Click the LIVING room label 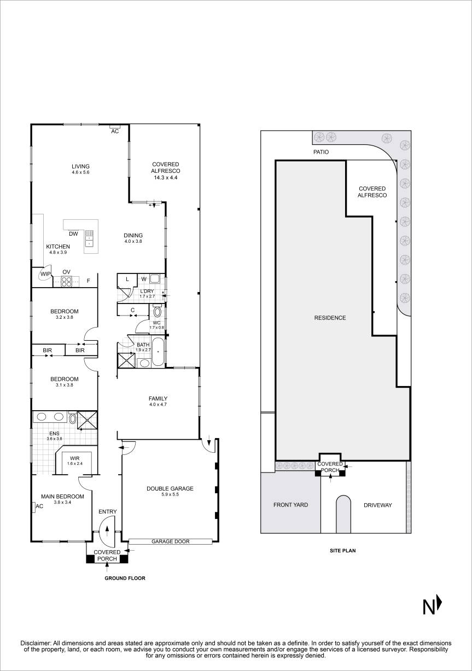(x=80, y=167)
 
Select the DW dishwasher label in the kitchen (x=73, y=234)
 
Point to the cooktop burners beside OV (x=67, y=282)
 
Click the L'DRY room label (x=147, y=291)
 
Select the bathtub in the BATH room (x=158, y=351)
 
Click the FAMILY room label (x=158, y=399)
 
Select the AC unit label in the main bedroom (x=39, y=506)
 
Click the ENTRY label (x=107, y=512)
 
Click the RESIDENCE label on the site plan (x=329, y=318)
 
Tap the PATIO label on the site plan (x=321, y=153)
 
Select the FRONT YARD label (x=290, y=505)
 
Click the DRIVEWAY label (x=377, y=505)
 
